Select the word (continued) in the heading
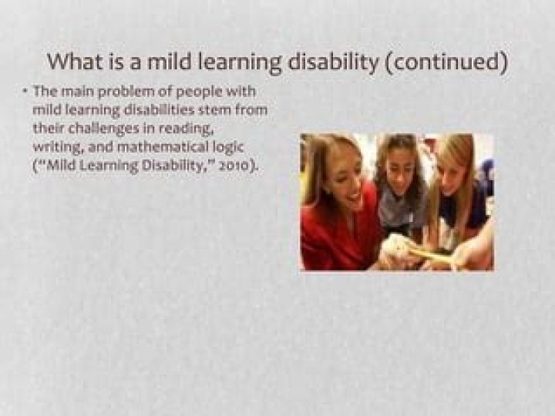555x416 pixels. click(446, 62)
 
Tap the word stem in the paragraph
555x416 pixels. click(217, 110)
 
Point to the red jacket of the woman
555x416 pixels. click(328, 239)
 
